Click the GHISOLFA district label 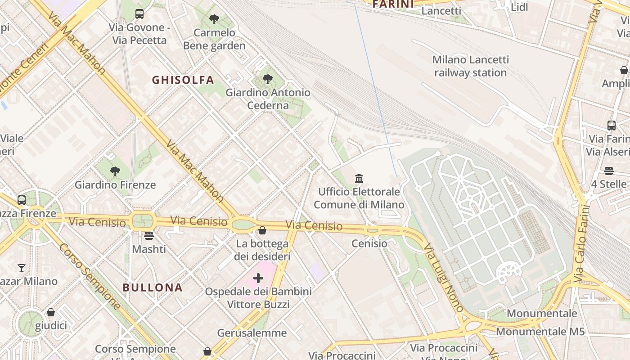(183, 80)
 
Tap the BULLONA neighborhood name (153, 288)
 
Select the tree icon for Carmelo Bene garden (214, 19)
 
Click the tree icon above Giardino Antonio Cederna (268, 79)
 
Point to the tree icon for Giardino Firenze (115, 171)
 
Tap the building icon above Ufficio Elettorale (359, 179)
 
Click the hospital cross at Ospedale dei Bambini (258, 278)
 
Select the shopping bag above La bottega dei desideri (262, 231)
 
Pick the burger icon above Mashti (149, 236)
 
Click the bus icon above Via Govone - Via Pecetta (139, 14)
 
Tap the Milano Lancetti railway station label (470, 66)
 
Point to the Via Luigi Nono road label (443, 278)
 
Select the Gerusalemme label (252, 333)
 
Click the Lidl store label (519, 7)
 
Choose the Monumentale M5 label (540, 332)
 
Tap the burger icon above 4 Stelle (609, 171)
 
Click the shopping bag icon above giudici (51, 312)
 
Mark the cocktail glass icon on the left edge (21, 268)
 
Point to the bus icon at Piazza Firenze (22, 200)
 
